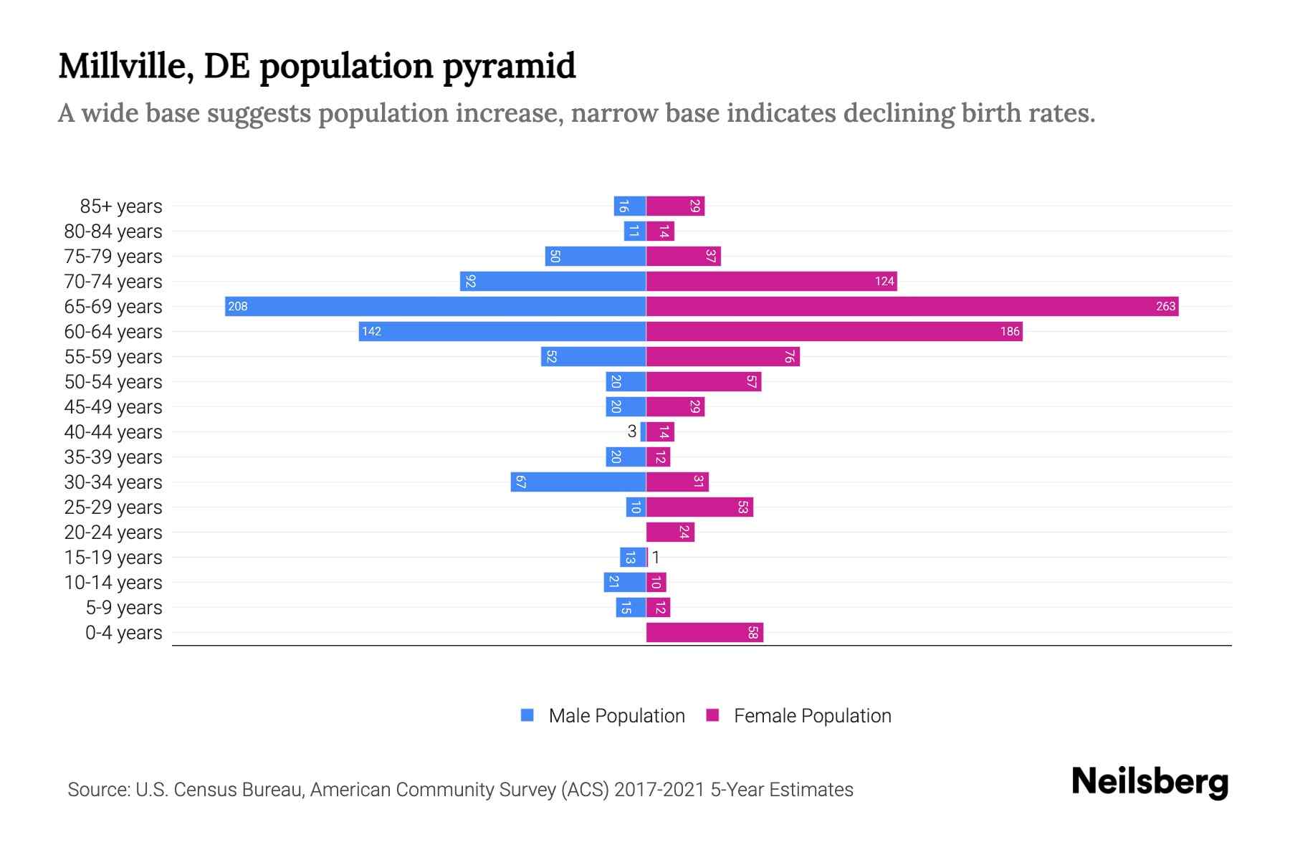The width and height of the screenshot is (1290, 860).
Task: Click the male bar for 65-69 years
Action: (x=435, y=306)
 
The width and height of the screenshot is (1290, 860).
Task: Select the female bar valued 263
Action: (x=912, y=306)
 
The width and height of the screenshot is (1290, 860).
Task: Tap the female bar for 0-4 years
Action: (x=704, y=632)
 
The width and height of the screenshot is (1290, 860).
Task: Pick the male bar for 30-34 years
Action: (x=578, y=482)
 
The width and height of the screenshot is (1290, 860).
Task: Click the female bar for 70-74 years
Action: (x=771, y=281)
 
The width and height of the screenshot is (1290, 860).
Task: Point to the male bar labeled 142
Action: (x=502, y=331)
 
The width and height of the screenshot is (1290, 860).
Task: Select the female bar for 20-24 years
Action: (x=670, y=532)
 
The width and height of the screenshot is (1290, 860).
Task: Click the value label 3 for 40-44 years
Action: (x=631, y=431)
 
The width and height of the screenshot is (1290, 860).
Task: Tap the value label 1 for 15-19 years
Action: (x=655, y=557)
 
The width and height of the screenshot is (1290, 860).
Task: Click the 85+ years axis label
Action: (x=120, y=206)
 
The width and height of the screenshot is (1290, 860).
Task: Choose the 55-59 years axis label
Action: (x=113, y=357)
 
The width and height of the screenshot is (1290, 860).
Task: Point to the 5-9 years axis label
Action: (x=123, y=608)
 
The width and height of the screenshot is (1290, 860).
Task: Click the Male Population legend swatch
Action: (x=527, y=715)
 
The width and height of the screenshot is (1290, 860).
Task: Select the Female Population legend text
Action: (x=812, y=715)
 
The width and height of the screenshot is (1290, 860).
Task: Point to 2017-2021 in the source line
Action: (x=659, y=789)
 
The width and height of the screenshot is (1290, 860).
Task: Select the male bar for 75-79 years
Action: (x=595, y=256)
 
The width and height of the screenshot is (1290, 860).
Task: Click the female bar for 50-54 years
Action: (x=703, y=381)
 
